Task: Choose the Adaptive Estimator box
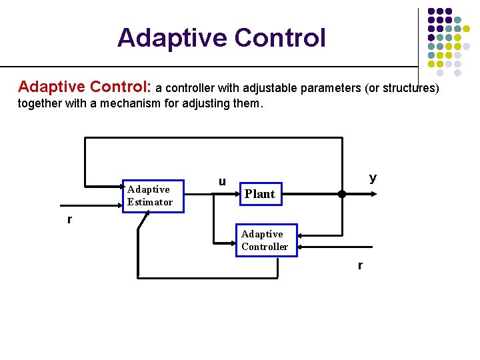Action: pos(152,195)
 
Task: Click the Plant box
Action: pos(259,194)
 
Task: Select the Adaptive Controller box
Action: pos(265,240)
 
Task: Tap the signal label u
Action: pos(222,181)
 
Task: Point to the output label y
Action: pos(373,177)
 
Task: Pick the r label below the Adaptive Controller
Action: pos(360,265)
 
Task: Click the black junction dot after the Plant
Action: pos(342,195)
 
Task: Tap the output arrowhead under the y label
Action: pos(375,195)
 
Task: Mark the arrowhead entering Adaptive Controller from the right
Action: pos(301,235)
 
